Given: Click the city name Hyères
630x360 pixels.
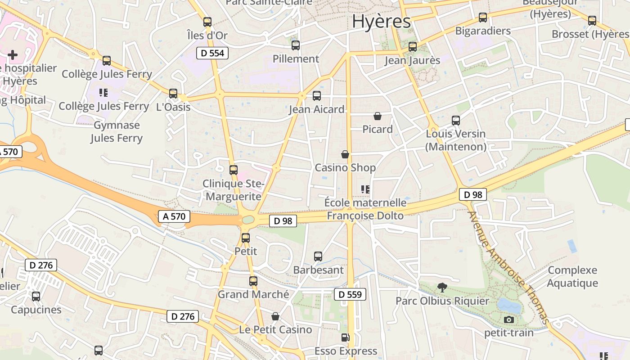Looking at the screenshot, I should (381, 21).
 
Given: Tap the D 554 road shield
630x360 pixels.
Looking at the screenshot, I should (212, 53).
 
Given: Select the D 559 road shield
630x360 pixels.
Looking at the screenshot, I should (350, 295).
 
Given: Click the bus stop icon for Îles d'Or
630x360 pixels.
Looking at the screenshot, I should (207, 22).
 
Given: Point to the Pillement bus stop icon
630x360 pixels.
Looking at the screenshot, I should (296, 45).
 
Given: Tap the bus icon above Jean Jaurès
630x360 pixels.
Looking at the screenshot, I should (412, 46).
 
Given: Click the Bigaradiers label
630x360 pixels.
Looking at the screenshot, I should (483, 31).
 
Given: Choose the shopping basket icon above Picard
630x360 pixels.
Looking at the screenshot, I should (378, 116).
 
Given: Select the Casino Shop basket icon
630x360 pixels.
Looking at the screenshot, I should (345, 154).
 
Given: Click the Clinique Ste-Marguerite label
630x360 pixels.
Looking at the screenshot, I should (232, 190).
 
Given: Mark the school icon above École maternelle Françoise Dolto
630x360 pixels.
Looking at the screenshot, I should (365, 189).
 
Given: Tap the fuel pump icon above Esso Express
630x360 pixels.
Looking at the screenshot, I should (345, 337).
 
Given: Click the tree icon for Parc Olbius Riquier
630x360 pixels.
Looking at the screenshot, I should (442, 287).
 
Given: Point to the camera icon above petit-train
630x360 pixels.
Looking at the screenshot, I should (509, 319).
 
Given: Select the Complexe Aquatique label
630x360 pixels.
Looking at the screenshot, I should (572, 277).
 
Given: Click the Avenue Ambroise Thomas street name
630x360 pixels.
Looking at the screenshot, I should (509, 267).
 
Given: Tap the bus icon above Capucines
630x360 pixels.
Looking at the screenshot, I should (36, 297).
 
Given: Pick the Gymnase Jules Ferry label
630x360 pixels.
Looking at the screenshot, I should (117, 131).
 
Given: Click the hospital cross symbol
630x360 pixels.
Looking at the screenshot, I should (13, 55).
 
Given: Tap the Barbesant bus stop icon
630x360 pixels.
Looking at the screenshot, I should (318, 256).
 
